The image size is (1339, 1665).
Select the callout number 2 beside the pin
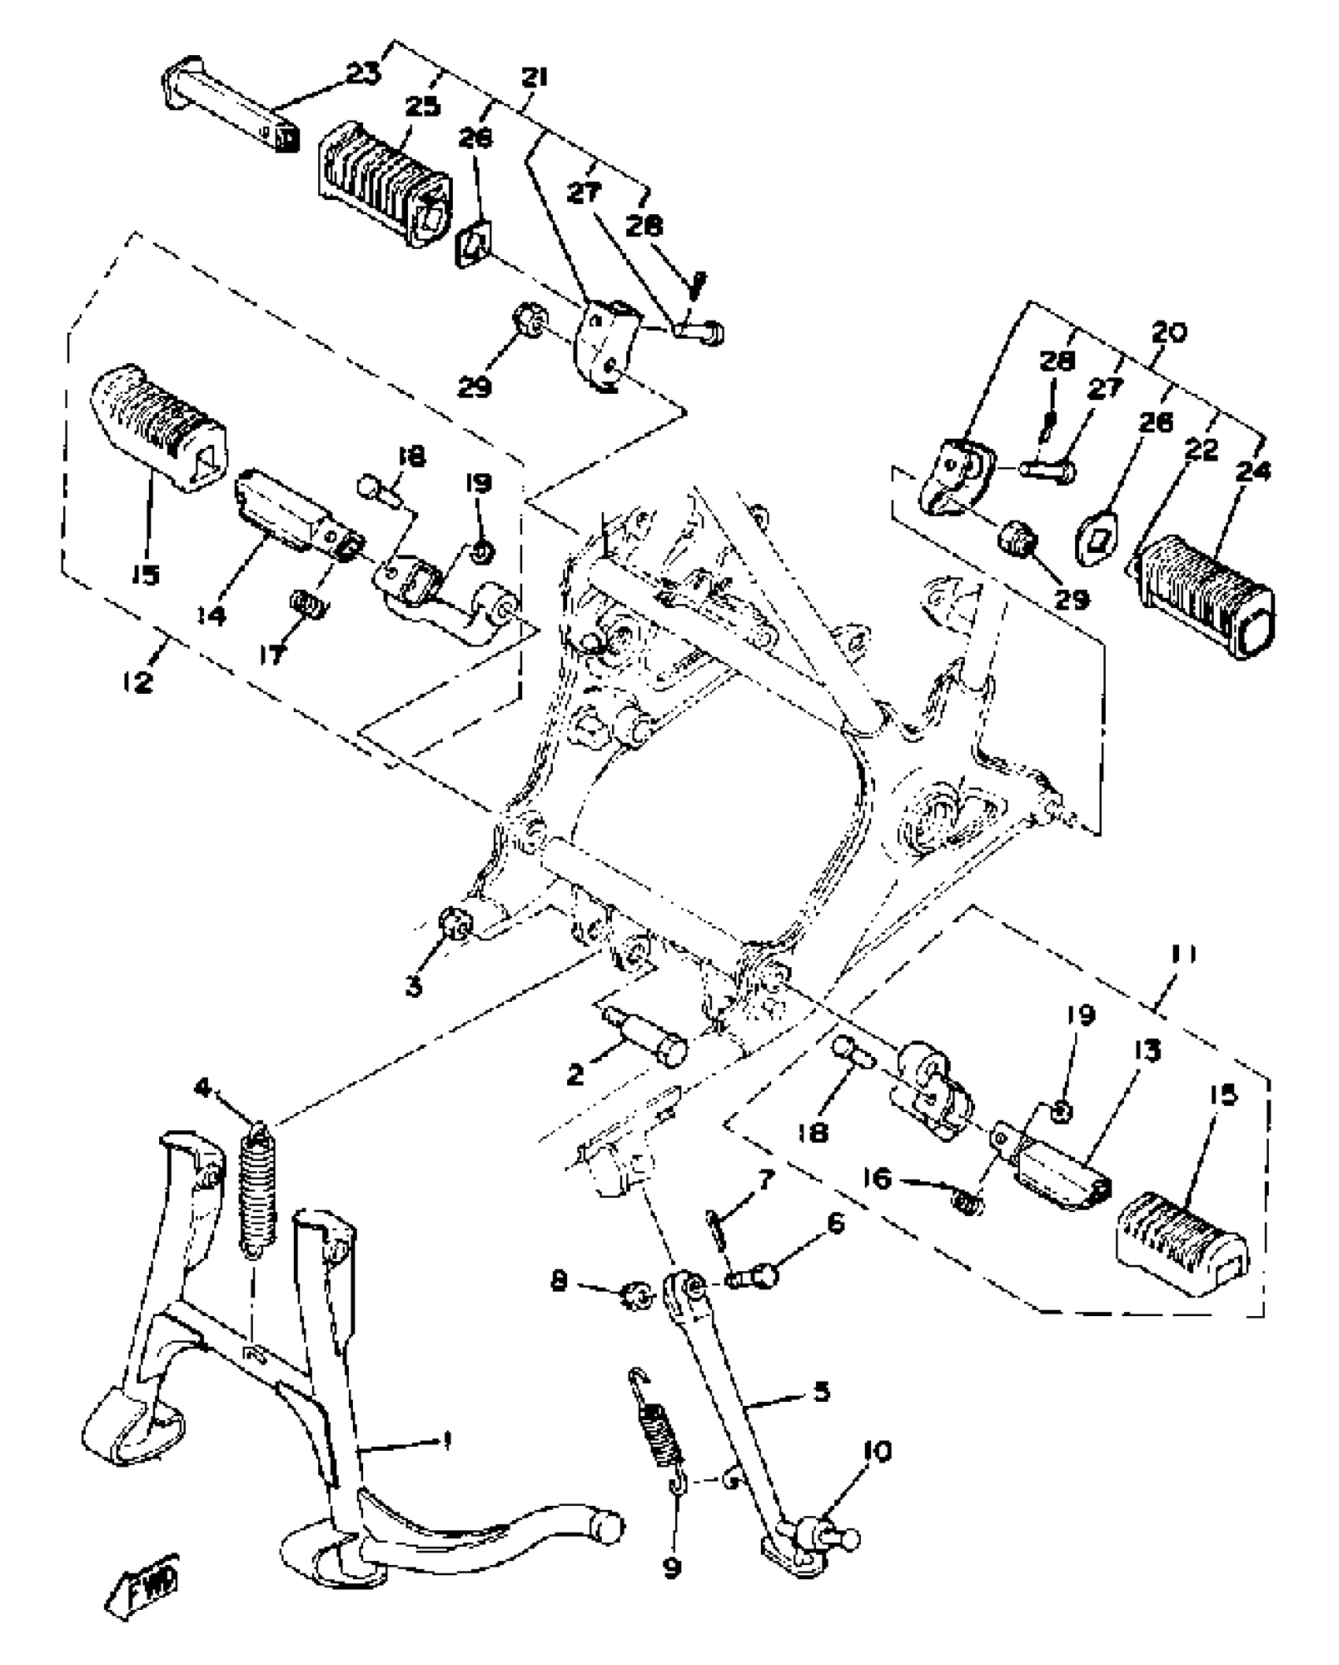pos(576,1074)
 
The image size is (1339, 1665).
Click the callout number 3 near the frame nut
pos(414,985)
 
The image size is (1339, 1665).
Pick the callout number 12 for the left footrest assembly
pos(139,680)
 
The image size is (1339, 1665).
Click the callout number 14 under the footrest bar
pos(211,614)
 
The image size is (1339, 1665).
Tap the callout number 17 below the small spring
pos(273,653)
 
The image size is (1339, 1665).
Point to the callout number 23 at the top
pos(363,74)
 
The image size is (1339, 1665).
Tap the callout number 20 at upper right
pos(1169,332)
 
